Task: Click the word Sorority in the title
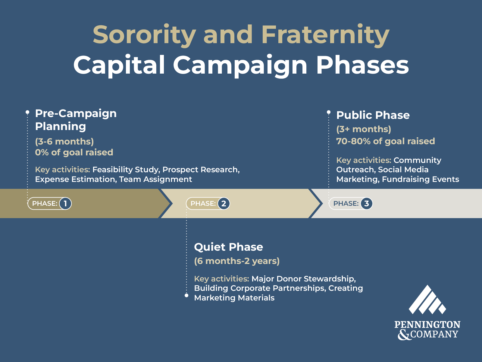pyautogui.click(x=144, y=35)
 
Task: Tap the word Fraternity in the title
pyautogui.click(x=325, y=35)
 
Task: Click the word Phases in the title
pyautogui.click(x=362, y=65)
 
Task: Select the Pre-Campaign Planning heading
pyautogui.click(x=76, y=120)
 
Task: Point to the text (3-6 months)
pyautogui.click(x=64, y=141)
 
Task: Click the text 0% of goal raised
pyautogui.click(x=74, y=152)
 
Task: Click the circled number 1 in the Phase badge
pyautogui.click(x=65, y=204)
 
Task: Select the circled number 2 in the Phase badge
pyautogui.click(x=224, y=204)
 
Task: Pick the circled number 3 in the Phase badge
pyautogui.click(x=366, y=204)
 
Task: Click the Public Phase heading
pyautogui.click(x=373, y=115)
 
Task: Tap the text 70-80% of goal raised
pyautogui.click(x=386, y=141)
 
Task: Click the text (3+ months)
pyautogui.click(x=364, y=129)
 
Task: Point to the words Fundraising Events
pyautogui.click(x=421, y=179)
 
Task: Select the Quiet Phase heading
pyautogui.click(x=228, y=247)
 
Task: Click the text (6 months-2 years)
pyautogui.click(x=237, y=261)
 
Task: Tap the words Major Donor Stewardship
pyautogui.click(x=303, y=279)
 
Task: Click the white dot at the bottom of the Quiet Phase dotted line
pyautogui.click(x=186, y=295)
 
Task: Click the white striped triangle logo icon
pyautogui.click(x=427, y=300)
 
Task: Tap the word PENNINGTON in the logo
pyautogui.click(x=427, y=325)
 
